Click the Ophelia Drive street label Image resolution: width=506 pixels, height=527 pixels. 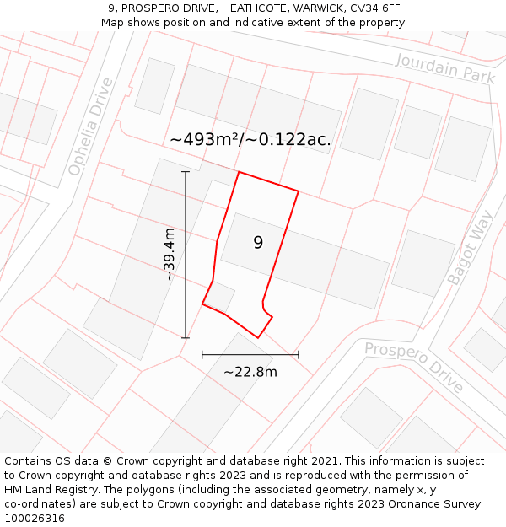tap(91, 126)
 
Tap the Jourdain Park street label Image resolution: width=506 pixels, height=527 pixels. tap(444, 67)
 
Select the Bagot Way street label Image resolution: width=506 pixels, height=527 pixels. tap(471, 247)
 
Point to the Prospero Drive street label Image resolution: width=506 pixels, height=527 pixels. tap(414, 367)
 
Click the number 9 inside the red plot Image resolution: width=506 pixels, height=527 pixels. tap(258, 243)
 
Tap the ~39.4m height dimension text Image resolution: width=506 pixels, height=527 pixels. tap(170, 254)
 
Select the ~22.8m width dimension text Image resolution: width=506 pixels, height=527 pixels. tap(250, 372)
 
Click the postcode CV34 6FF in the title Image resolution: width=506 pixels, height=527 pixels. tap(373, 8)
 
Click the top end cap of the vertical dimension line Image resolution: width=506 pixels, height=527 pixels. tap(186, 172)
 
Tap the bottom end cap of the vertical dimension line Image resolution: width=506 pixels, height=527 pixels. tap(186, 338)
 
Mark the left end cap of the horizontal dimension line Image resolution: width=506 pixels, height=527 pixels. tap(202, 355)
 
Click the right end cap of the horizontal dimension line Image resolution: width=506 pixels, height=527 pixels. tap(299, 355)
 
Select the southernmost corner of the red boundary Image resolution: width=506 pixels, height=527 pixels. tap(258, 338)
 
